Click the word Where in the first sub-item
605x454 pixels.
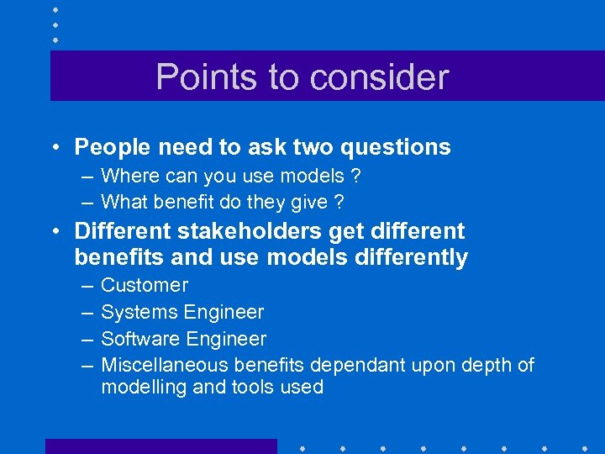(126, 177)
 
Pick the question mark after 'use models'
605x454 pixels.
(355, 177)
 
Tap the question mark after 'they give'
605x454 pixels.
(339, 202)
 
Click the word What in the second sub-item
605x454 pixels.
(123, 202)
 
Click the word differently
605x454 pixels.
(410, 257)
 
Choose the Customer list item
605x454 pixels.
(145, 286)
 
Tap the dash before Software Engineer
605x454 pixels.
(87, 339)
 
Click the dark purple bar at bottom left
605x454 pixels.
(160, 446)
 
